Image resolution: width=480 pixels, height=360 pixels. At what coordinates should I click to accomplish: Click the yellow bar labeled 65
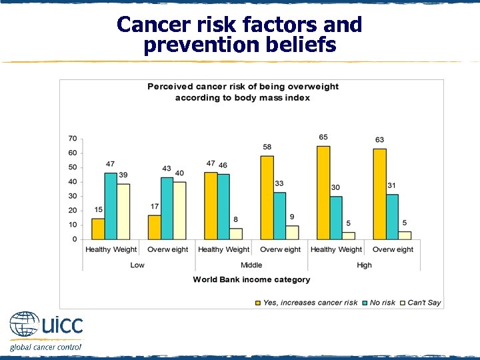pos(323,192)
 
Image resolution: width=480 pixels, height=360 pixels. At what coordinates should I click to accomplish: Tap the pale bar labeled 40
pos(180,210)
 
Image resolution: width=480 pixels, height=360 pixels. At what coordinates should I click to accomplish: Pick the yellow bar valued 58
pos(267,197)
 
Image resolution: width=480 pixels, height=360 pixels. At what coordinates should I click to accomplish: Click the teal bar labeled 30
pos(337,217)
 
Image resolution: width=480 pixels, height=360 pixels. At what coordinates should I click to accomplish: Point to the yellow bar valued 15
pos(98,229)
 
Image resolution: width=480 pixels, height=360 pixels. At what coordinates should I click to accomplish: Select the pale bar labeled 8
pos(236,233)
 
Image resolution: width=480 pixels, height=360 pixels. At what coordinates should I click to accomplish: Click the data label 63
pos(379,140)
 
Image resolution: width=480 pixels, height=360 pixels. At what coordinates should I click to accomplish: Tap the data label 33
pos(279,183)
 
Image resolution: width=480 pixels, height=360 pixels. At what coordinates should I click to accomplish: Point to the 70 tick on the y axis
pos(72,139)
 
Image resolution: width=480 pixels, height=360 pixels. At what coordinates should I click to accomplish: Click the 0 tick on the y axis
pos(74,239)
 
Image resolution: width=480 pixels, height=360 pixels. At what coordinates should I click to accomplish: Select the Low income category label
pos(138,265)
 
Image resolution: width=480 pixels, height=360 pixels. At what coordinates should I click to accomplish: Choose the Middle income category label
pos(251,265)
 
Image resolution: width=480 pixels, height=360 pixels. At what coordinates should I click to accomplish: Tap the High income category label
pos(365,265)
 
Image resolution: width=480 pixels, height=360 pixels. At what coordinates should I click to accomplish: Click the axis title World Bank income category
pos(251,279)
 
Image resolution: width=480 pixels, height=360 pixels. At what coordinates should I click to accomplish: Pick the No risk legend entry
pos(382,303)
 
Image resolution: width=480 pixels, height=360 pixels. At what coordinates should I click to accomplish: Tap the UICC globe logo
pos(24,325)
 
